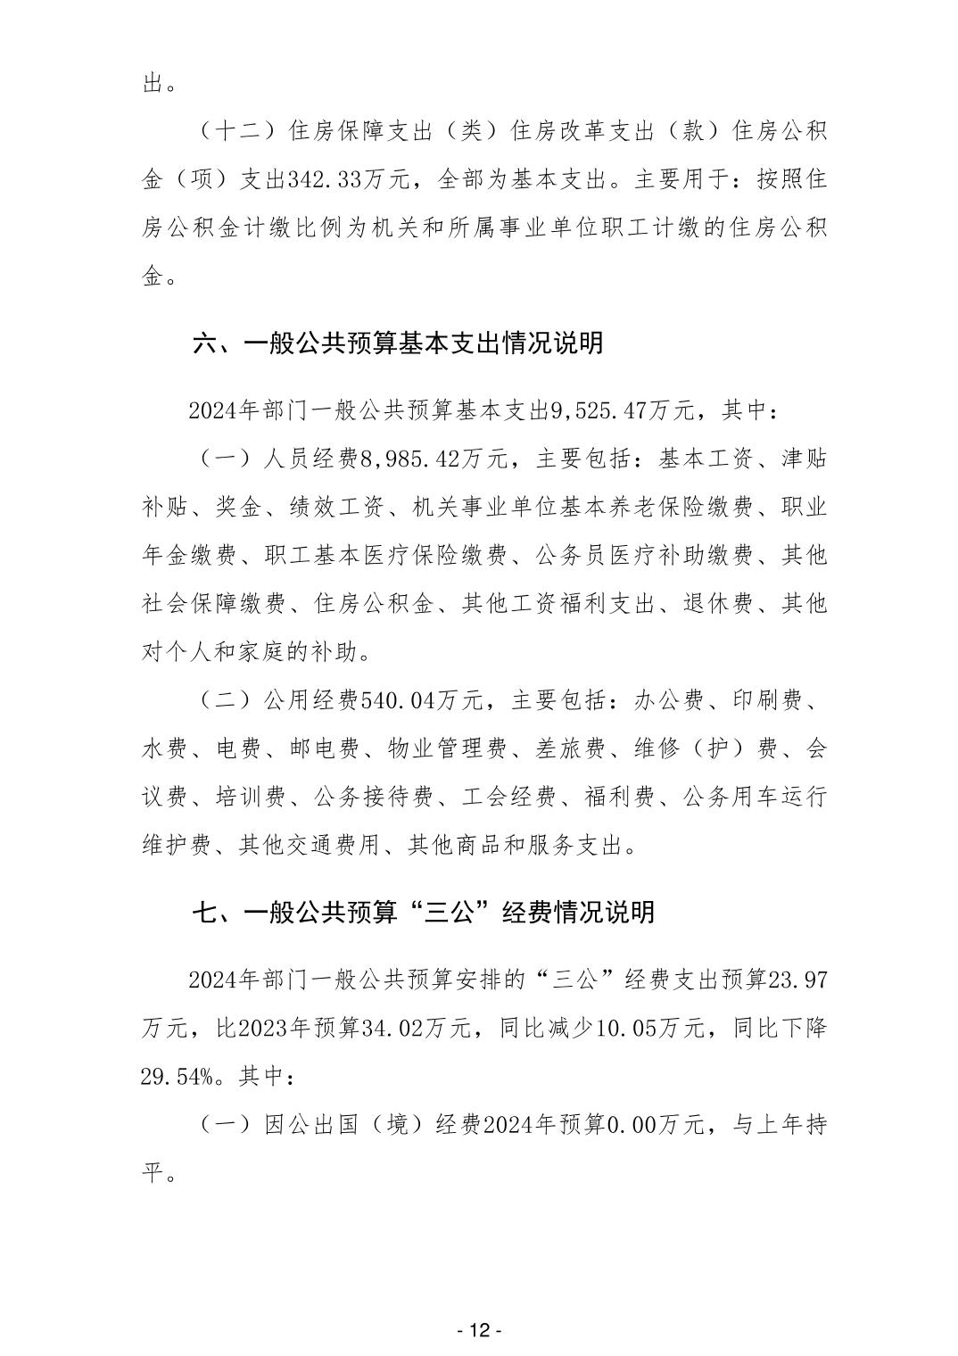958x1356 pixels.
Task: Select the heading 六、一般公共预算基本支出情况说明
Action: (x=398, y=343)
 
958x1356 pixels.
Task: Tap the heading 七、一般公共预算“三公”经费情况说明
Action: (x=424, y=912)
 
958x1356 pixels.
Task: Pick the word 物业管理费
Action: (x=446, y=748)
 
